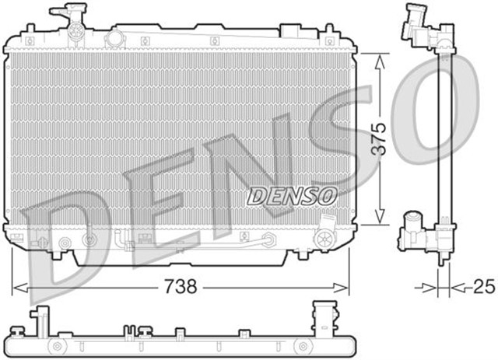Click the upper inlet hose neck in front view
pos(67,16)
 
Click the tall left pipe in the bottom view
pos(34,323)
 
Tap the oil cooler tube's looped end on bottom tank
pos(267,239)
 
